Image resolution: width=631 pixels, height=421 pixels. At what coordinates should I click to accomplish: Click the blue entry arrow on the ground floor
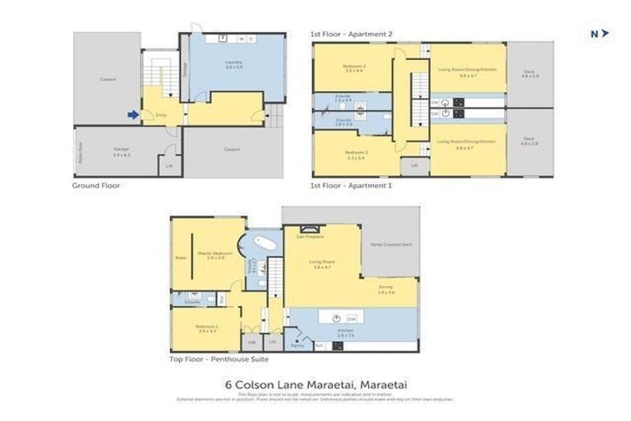(132, 115)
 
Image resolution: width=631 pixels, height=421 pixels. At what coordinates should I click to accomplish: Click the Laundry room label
(233, 63)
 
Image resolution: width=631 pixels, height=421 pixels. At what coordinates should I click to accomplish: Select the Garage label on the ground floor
(121, 151)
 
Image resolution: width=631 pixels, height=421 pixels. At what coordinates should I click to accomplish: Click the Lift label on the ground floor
(170, 165)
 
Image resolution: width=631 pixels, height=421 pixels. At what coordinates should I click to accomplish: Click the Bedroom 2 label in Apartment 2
(355, 67)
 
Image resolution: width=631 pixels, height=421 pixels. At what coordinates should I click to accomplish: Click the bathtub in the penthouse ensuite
(265, 244)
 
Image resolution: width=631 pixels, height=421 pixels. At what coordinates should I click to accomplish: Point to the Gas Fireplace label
(308, 236)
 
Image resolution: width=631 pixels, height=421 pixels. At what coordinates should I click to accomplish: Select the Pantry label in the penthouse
(297, 345)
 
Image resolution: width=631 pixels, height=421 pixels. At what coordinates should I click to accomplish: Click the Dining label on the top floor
(385, 288)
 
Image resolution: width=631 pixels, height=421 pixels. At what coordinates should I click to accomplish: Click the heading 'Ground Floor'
(96, 186)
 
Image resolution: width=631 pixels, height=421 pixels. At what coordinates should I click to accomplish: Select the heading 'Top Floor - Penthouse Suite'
(219, 359)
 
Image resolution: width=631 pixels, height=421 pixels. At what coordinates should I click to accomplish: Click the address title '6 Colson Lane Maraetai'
(316, 383)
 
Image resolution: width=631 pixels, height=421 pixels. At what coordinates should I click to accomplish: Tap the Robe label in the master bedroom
(181, 258)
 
